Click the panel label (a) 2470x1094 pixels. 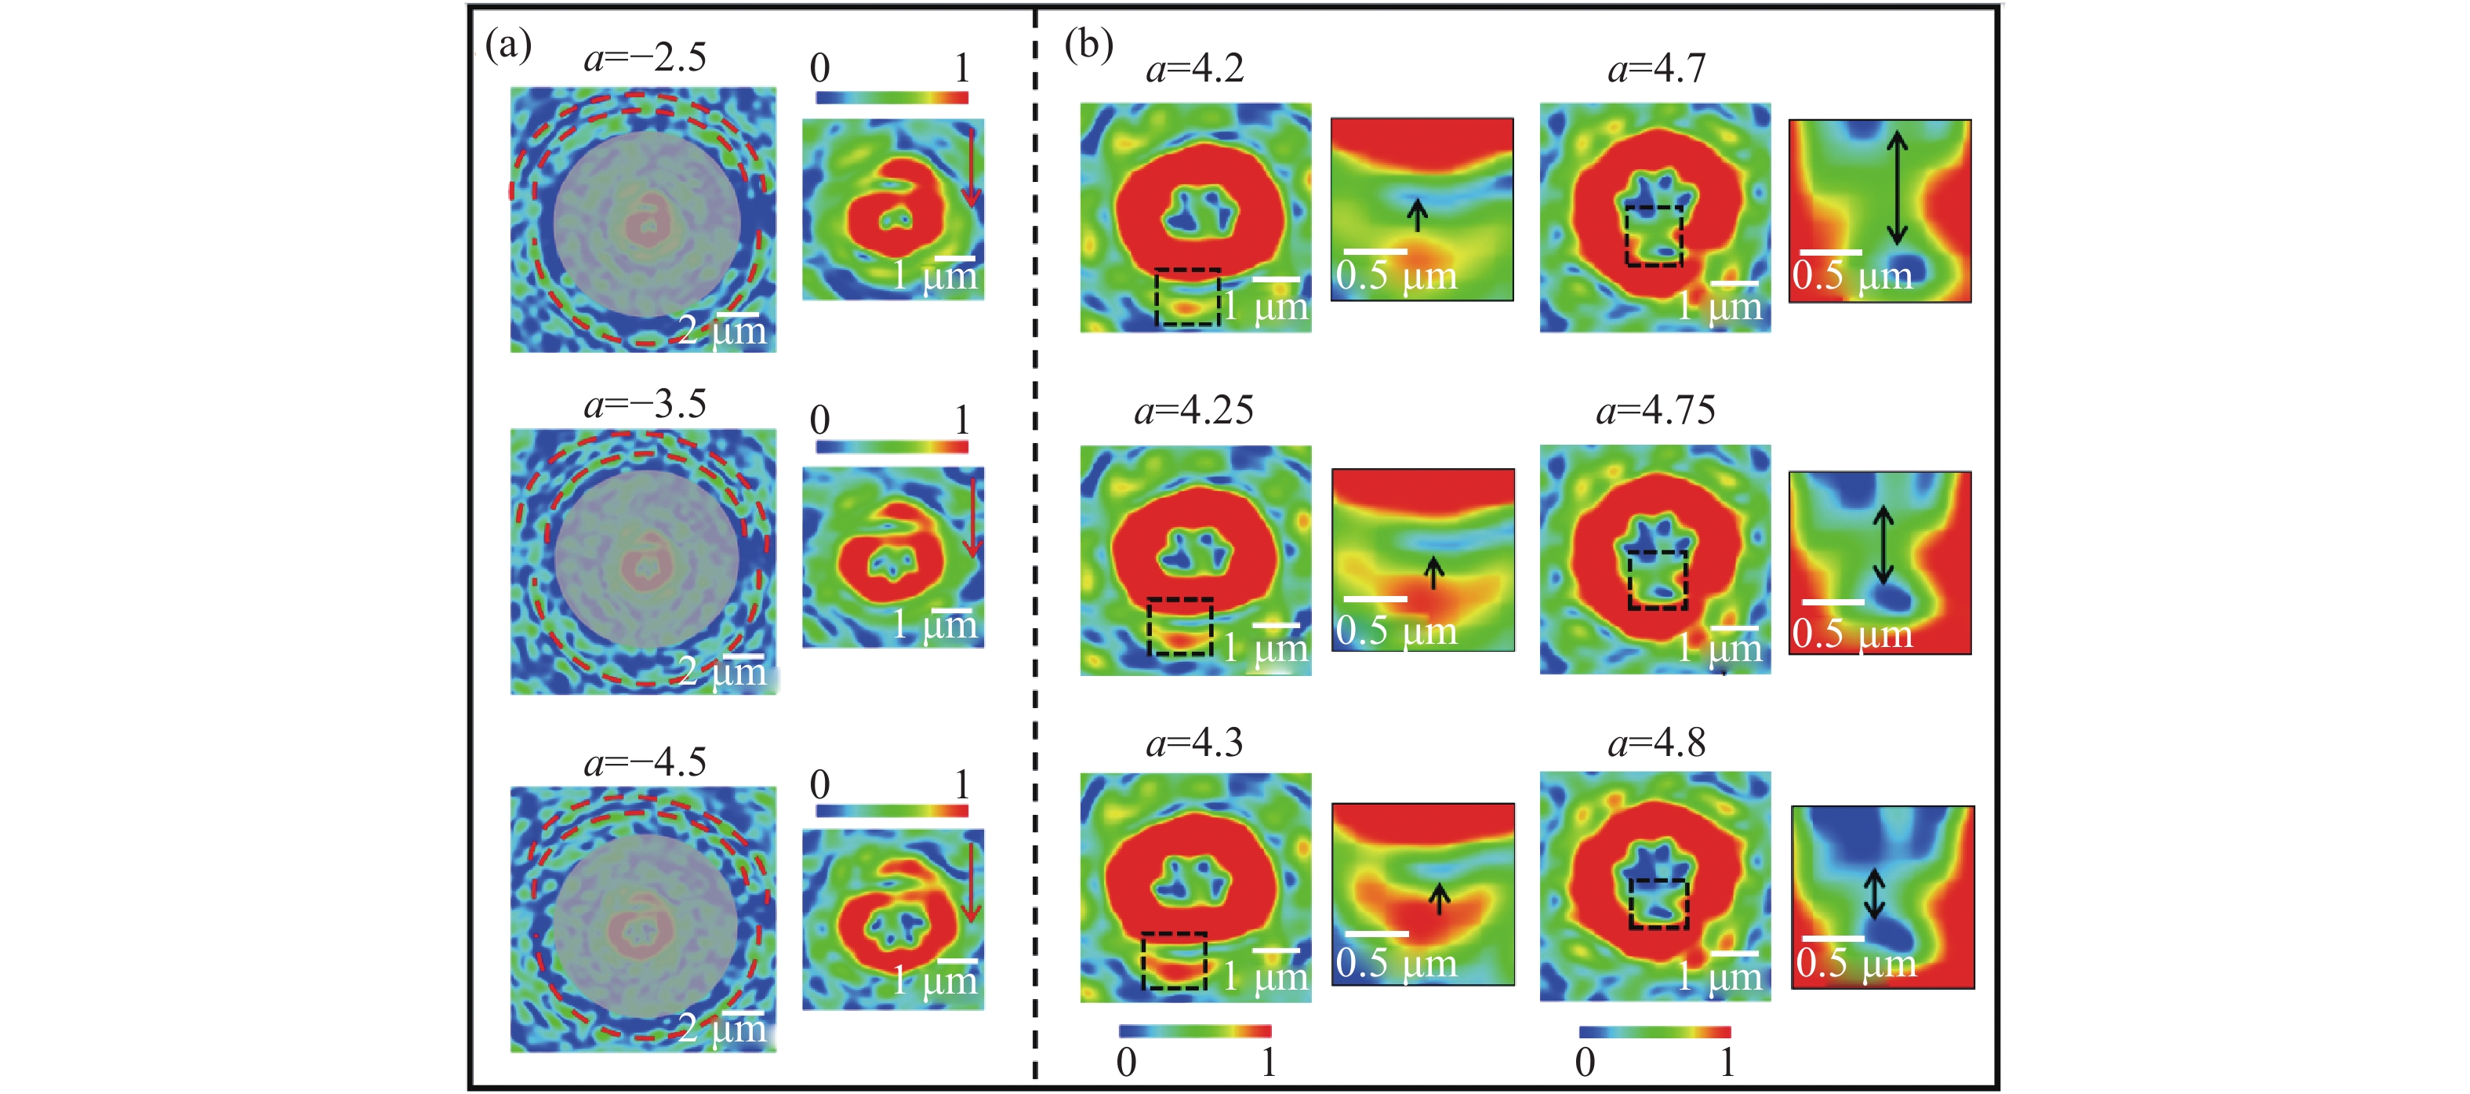(x=508, y=45)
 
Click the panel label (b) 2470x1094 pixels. (x=1088, y=45)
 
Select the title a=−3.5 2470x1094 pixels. (x=645, y=404)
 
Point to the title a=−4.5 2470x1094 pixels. (x=645, y=762)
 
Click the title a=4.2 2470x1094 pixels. (x=1195, y=68)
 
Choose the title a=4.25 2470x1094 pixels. (x=1193, y=410)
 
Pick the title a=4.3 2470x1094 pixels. (x=1195, y=742)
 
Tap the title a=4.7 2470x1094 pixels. (x=1657, y=68)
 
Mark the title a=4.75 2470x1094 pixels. (x=1656, y=410)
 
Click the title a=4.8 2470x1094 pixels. (x=1657, y=742)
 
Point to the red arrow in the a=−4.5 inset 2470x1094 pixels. (x=971, y=881)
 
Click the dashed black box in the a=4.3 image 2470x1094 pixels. (x=1174, y=960)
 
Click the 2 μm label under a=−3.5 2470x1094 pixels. (x=724, y=671)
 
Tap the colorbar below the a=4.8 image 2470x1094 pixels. (x=1655, y=1032)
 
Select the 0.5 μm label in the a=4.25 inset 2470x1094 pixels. (x=1396, y=631)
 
